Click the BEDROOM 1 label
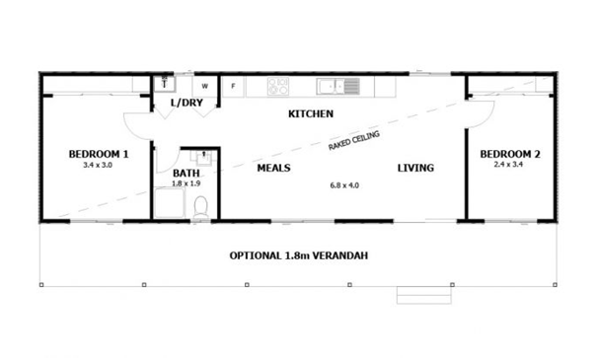[x=98, y=155]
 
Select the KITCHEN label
[x=311, y=114]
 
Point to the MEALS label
[x=273, y=168]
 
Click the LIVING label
[x=415, y=168]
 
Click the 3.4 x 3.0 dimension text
[x=98, y=166]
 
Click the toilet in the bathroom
[x=201, y=207]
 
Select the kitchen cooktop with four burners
[x=277, y=87]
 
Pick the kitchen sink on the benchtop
[x=344, y=87]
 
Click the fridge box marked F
[x=233, y=86]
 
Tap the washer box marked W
[x=204, y=86]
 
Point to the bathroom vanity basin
[x=203, y=158]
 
